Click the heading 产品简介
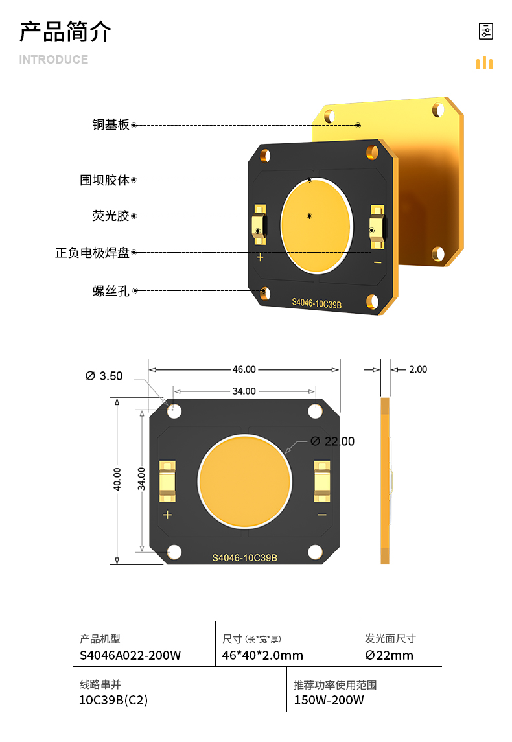tap(65, 32)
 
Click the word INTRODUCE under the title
tap(54, 60)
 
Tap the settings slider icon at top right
tap(485, 31)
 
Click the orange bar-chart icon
tap(484, 62)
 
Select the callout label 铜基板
tap(111, 124)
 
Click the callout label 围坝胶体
tap(104, 180)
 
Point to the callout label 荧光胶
tap(111, 216)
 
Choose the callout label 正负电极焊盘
tap(92, 253)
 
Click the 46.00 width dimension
tap(244, 369)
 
